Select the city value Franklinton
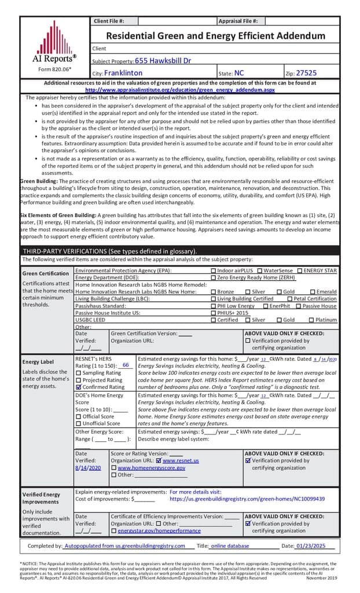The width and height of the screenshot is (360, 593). pyautogui.click(x=123, y=74)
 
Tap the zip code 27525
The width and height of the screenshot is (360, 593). pyautogui.click(x=306, y=74)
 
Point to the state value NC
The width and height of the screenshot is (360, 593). pyautogui.click(x=239, y=74)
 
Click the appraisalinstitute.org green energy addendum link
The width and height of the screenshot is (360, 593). pyautogui.click(x=180, y=90)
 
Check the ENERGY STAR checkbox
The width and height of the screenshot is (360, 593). pyautogui.click(x=300, y=270)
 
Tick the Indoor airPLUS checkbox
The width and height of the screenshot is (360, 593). pyautogui.click(x=214, y=270)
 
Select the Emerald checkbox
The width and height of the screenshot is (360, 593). pyautogui.click(x=313, y=292)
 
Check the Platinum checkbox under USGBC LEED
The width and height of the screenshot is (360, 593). pyautogui.click(x=311, y=320)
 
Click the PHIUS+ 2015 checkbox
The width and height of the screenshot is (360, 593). pyautogui.click(x=214, y=313)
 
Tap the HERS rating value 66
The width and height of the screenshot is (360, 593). pyautogui.click(x=126, y=365)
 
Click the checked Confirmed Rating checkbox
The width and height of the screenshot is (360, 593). pyautogui.click(x=79, y=387)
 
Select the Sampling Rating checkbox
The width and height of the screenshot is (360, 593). pyautogui.click(x=79, y=373)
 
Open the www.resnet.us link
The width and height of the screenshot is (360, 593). pyautogui.click(x=180, y=460)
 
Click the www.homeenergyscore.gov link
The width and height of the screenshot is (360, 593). pyautogui.click(x=151, y=467)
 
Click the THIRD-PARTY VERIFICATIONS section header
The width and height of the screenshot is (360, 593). pyautogui.click(x=109, y=251)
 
